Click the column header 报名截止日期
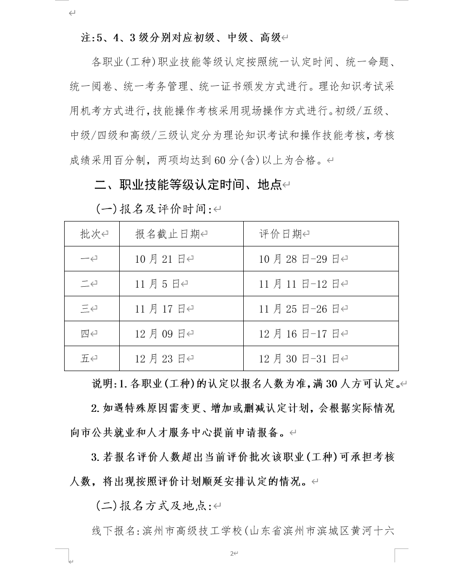pos(168,234)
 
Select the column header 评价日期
pos(281,234)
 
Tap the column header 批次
pos(91,234)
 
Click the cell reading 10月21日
pos(160,259)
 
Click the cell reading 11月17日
pos(160,309)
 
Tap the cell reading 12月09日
pos(160,334)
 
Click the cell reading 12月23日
pos(160,359)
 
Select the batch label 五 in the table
pos(85,359)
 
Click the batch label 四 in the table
pos(85,334)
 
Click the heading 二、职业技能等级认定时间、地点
pos(188,185)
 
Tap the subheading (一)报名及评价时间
pos(154,209)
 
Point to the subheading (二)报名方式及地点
pos(154,506)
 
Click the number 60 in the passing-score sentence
pos(220,160)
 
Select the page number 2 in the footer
pos(231,553)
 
